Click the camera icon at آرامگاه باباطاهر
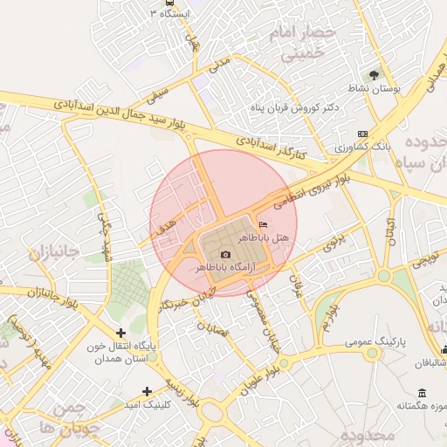point(225,254)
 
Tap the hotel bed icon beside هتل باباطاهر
point(264,225)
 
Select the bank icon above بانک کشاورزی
point(363,134)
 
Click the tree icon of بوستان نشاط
point(375,75)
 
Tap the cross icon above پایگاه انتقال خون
point(120,333)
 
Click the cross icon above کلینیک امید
point(147,391)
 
